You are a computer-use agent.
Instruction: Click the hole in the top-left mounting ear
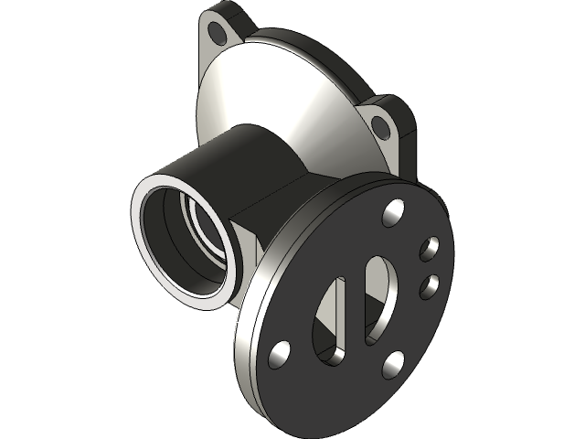tap(218, 33)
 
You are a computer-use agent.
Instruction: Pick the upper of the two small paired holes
tap(429, 247)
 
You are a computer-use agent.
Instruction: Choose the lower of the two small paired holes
tap(428, 286)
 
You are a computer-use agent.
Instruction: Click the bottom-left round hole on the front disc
tap(280, 352)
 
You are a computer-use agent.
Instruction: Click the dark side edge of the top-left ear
tap(239, 15)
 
